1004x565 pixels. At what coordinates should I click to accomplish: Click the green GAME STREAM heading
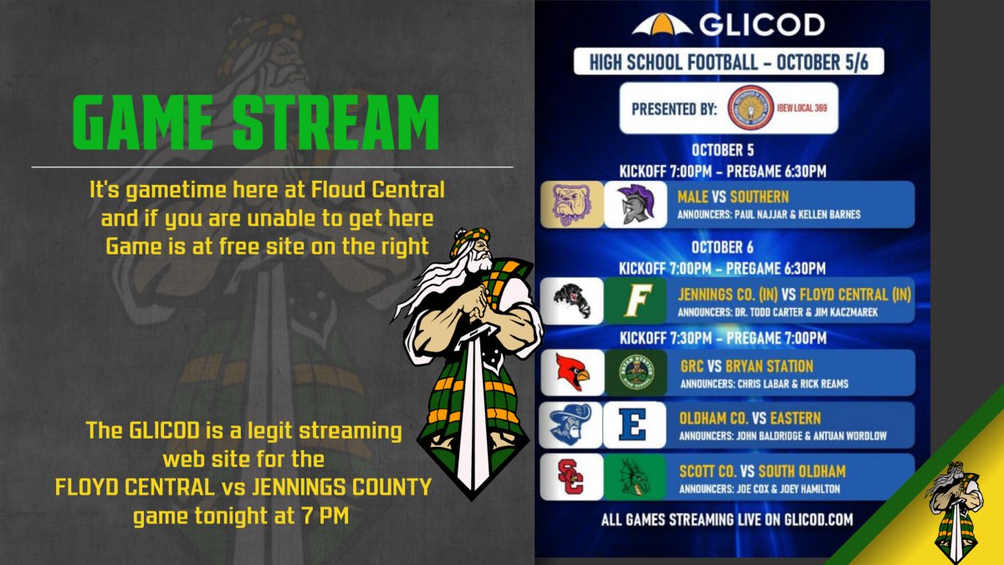[256, 121]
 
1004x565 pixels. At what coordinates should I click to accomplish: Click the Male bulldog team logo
[569, 205]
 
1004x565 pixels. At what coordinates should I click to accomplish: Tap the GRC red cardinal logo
[571, 373]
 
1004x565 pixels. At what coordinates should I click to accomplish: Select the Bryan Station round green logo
[635, 373]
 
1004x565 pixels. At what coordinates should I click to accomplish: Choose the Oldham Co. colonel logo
[571, 425]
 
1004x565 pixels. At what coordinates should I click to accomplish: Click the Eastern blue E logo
[634, 425]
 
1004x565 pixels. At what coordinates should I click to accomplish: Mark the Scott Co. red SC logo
[571, 477]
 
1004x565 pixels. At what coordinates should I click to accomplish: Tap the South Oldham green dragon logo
[634, 477]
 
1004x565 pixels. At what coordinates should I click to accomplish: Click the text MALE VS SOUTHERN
[734, 198]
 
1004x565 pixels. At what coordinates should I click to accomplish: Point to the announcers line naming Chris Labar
[764, 384]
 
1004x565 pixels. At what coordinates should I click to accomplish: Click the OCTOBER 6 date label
[722, 247]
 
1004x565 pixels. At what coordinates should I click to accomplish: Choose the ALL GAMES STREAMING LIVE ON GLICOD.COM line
[726, 520]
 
